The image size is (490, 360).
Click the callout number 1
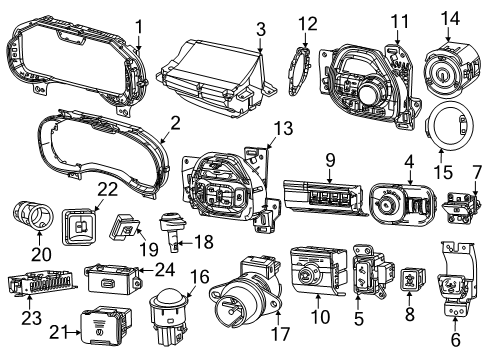[x=139, y=26]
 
